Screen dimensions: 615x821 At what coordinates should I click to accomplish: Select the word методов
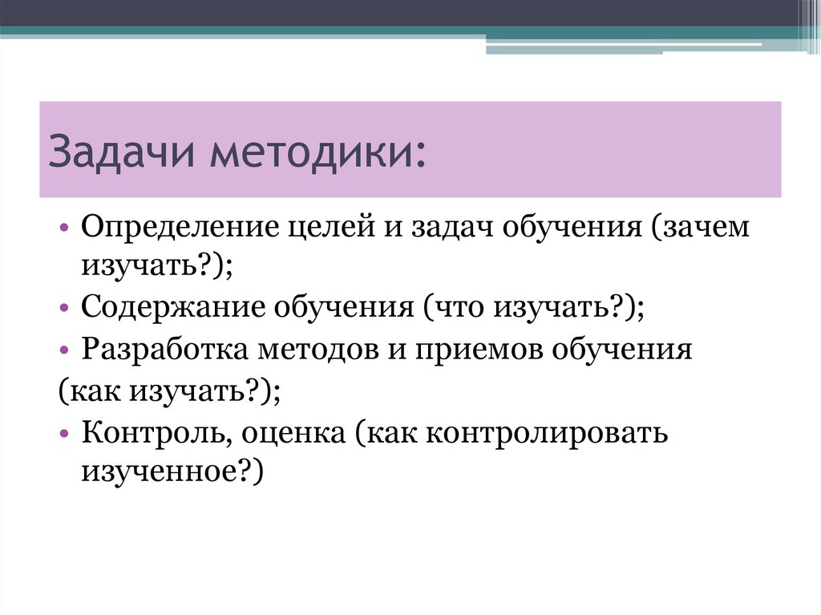(324, 350)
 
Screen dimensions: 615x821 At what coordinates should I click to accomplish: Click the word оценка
(296, 434)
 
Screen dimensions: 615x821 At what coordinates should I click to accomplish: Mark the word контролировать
(548, 434)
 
